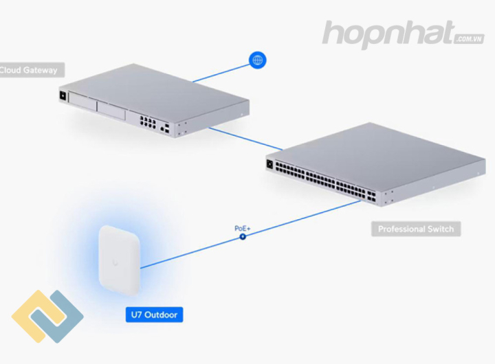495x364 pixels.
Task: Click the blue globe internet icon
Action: tap(258, 60)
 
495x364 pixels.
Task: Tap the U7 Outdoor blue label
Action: tap(154, 315)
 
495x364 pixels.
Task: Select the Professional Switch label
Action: tap(416, 229)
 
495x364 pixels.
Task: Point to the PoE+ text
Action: tap(242, 228)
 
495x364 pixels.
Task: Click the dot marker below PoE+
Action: tap(243, 236)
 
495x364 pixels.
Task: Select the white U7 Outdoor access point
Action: tap(119, 260)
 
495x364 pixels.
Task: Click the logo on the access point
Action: tap(115, 262)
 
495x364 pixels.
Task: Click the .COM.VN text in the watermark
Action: tap(470, 38)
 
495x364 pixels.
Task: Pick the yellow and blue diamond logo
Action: tap(47, 316)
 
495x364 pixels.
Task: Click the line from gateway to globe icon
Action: tap(221, 73)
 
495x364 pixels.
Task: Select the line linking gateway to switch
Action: tap(246, 139)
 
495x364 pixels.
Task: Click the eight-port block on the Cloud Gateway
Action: tap(148, 122)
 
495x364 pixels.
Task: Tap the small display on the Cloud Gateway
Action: tap(63, 95)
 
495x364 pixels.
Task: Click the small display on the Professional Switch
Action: tap(269, 164)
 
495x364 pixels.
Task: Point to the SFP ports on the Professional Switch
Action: tap(371, 196)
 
